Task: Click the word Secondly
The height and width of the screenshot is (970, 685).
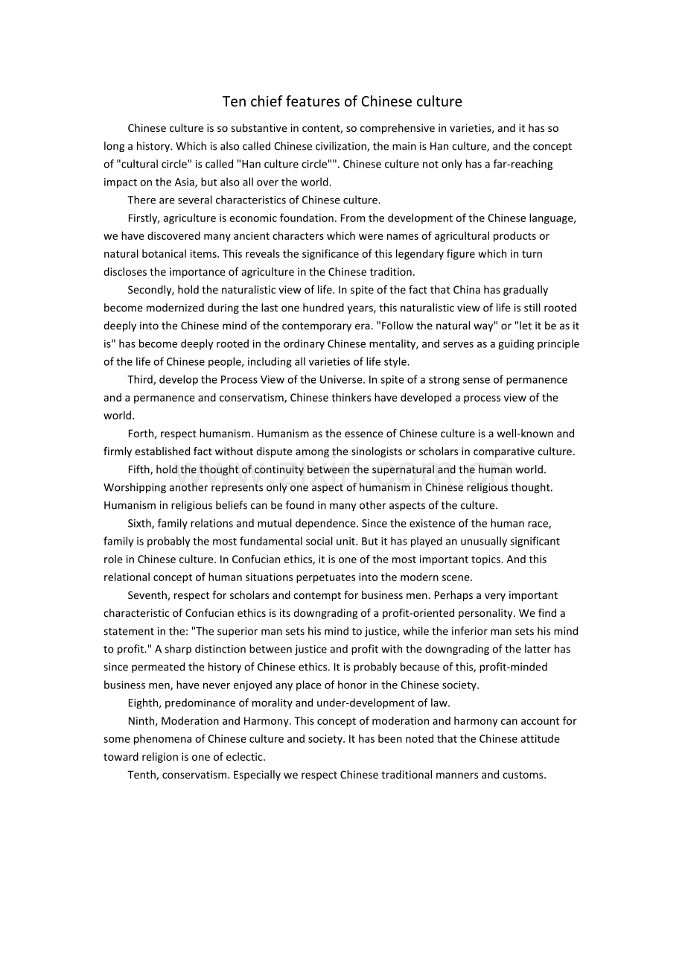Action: [150, 290]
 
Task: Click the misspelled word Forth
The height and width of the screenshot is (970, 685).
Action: [141, 434]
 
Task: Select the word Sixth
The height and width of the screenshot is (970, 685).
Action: [141, 523]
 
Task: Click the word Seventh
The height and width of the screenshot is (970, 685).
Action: [147, 595]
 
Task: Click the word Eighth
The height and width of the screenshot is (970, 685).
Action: [144, 703]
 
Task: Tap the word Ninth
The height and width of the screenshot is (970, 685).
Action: [142, 720]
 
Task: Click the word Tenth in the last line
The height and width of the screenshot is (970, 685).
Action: [142, 775]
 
